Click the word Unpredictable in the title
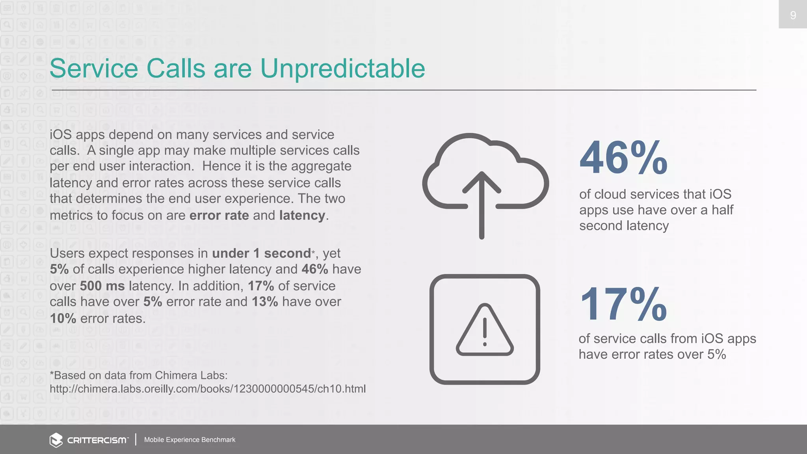click(342, 69)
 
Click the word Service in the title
click(94, 69)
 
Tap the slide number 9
click(793, 15)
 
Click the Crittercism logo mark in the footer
click(56, 440)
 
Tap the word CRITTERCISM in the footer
click(97, 440)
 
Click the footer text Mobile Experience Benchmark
click(190, 440)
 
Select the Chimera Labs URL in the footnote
click(208, 389)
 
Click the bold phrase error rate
click(219, 215)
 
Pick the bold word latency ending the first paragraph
click(302, 215)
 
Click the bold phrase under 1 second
click(262, 253)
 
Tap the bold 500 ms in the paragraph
click(102, 286)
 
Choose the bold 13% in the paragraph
click(265, 301)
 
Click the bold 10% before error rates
click(63, 318)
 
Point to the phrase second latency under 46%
click(624, 226)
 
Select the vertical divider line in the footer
click(136, 439)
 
